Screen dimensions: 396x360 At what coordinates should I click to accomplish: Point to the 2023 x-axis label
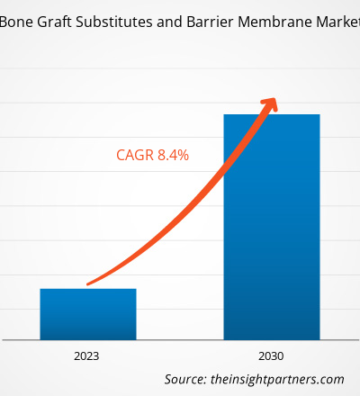point(87,356)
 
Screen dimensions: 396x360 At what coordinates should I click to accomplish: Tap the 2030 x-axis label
point(271,356)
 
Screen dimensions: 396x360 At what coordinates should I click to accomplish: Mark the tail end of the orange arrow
point(88,284)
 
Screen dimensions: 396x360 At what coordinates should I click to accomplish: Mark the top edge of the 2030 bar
point(271,114)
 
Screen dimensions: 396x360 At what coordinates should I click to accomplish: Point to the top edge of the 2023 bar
point(87,289)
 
